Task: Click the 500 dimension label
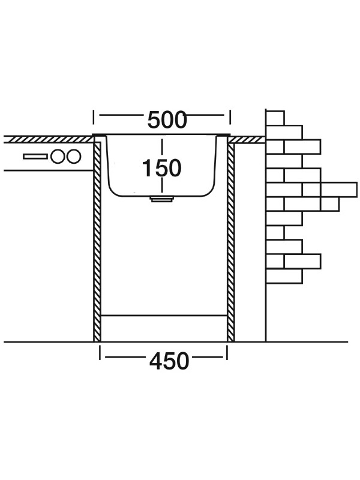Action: [x=167, y=121]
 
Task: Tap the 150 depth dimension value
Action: [x=161, y=169]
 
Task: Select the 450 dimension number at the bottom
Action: [x=168, y=361]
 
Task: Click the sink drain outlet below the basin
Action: [x=161, y=199]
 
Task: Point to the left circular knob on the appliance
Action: [x=58, y=157]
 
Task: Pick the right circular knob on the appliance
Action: [x=73, y=157]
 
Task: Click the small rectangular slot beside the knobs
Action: [x=35, y=157]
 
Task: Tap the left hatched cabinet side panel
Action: [x=97, y=240]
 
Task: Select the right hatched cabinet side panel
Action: [x=230, y=240]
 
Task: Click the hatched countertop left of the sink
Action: [x=48, y=139]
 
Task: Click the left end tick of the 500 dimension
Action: [x=94, y=121]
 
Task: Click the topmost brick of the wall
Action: [x=275, y=118]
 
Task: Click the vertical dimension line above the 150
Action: [x=161, y=147]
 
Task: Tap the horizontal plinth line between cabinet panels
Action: [x=163, y=314]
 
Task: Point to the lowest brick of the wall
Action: [x=284, y=276]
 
